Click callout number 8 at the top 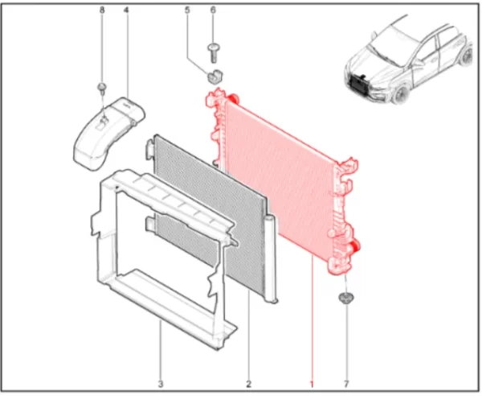click(x=102, y=10)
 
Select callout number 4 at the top click(x=126, y=10)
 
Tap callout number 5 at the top click(x=187, y=10)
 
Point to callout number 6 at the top click(x=213, y=10)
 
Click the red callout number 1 click(x=312, y=384)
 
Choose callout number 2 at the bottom click(x=248, y=384)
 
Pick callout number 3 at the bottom click(x=161, y=384)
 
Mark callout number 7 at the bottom click(x=346, y=384)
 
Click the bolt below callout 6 click(x=213, y=54)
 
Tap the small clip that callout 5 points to click(x=214, y=77)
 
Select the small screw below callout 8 click(x=102, y=88)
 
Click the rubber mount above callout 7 click(x=346, y=299)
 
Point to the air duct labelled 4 click(x=108, y=134)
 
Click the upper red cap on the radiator click(x=232, y=98)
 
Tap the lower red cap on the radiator click(x=355, y=245)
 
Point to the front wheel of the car click(x=400, y=94)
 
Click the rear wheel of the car click(x=466, y=56)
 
